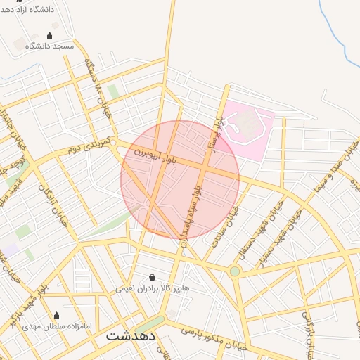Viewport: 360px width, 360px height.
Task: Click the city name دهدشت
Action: [131, 336]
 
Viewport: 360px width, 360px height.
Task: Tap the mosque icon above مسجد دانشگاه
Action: [49, 35]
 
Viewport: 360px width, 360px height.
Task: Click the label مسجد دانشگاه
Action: [49, 46]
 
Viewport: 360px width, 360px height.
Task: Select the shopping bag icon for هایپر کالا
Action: [153, 277]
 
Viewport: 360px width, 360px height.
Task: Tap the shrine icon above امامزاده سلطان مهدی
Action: [56, 315]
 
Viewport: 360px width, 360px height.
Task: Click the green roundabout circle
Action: [234, 271]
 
